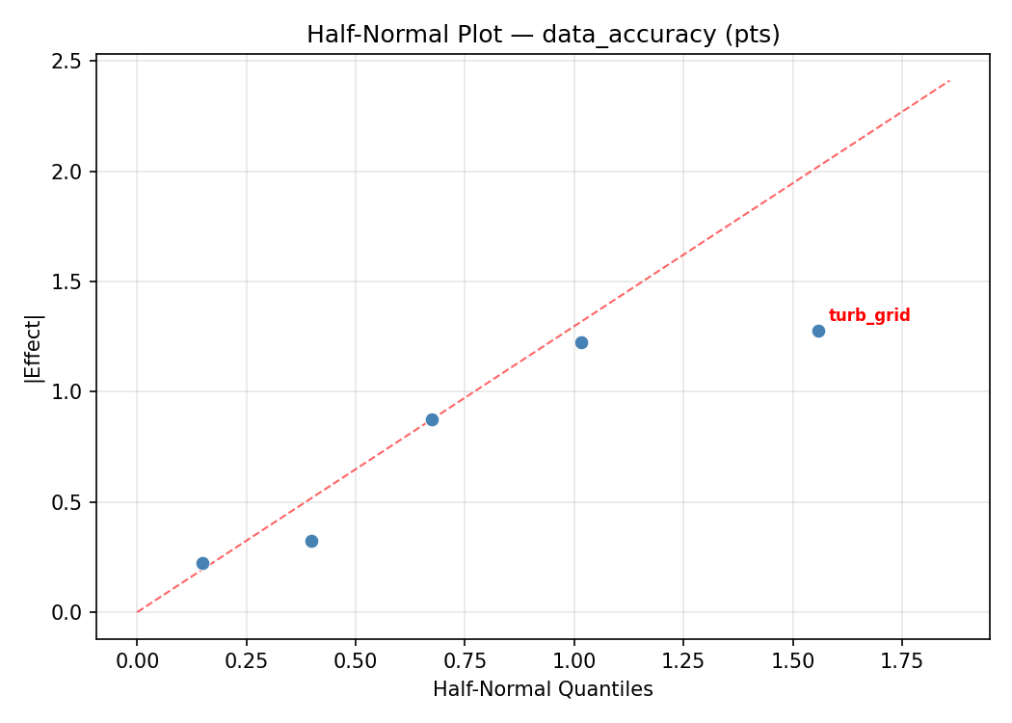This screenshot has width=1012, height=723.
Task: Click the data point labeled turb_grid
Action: [x=818, y=331]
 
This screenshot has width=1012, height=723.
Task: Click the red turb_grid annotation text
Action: [x=869, y=315]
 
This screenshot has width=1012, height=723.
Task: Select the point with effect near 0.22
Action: [x=202, y=563]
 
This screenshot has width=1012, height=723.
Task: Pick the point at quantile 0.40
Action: [x=311, y=541]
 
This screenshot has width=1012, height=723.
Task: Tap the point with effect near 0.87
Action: [x=432, y=419]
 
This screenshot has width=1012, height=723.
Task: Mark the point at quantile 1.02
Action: [x=581, y=342]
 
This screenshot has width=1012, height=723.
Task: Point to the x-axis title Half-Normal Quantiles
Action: [x=543, y=689]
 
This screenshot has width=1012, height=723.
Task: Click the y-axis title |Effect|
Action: [x=34, y=349]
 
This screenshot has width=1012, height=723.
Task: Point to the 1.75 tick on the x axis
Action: [x=902, y=661]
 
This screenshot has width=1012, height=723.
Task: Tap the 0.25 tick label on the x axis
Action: [x=246, y=661]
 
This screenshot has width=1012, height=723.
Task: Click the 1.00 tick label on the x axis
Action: [x=574, y=661]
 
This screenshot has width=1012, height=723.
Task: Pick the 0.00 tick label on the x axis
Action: [x=137, y=661]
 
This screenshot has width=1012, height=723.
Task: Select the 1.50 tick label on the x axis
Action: [x=793, y=661]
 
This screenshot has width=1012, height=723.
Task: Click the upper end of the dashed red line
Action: [x=949, y=81]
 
